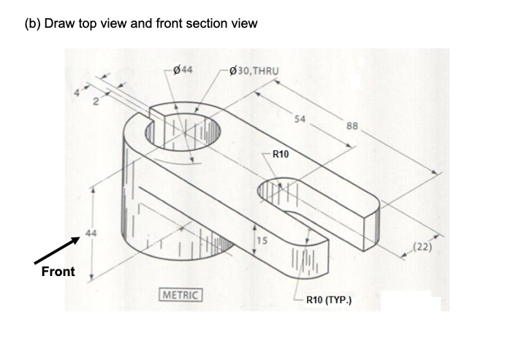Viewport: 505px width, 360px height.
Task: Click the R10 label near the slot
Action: click(x=280, y=154)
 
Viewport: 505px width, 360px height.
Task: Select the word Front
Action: click(x=58, y=272)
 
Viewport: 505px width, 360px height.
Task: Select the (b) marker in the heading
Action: click(x=33, y=23)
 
